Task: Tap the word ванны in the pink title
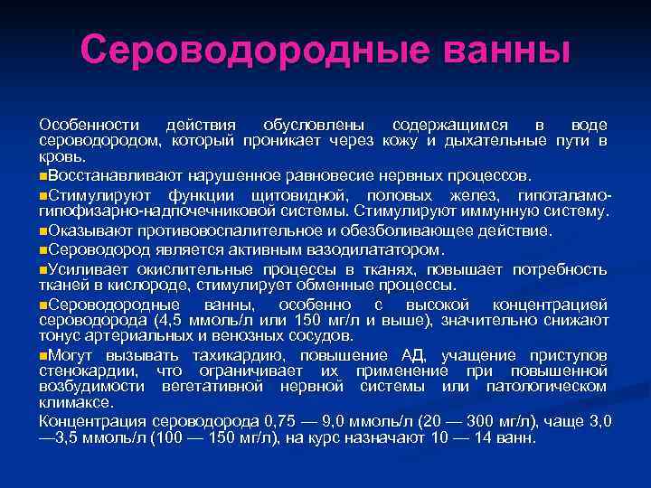[x=496, y=50]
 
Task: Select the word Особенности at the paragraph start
[x=89, y=124]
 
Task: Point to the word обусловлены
[x=314, y=124]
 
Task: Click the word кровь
[x=56, y=156]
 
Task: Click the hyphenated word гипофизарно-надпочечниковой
[x=158, y=211]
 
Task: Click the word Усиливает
[x=91, y=269]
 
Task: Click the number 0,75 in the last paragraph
[x=290, y=421]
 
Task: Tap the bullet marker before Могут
[x=42, y=354]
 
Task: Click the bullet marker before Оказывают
[x=42, y=230]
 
